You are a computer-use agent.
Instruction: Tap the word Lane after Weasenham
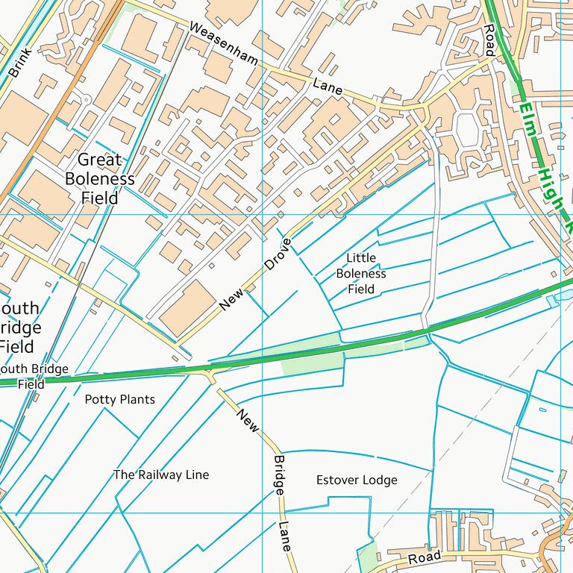pos(328,87)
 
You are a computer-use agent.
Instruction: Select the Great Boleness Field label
pos(100,178)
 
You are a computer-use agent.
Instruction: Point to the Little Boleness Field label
pos(361,273)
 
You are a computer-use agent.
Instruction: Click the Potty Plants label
pos(119,399)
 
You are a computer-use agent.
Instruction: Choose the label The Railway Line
pos(161,475)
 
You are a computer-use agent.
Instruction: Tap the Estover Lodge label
pos(357,480)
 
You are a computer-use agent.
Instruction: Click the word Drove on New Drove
pos(278,254)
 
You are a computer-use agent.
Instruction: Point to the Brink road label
pos(20,63)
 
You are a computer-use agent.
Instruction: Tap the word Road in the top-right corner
pos(489,40)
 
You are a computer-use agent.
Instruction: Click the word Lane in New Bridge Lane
pos(285,536)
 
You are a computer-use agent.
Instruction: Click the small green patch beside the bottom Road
pos(367,557)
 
